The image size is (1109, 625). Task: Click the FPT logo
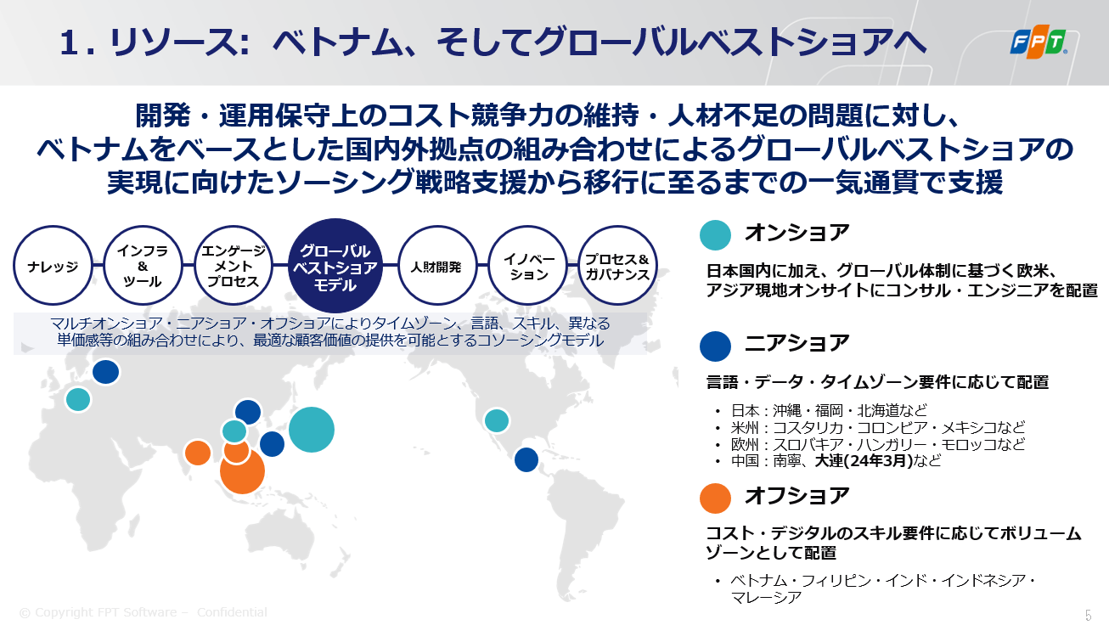[x=1039, y=42]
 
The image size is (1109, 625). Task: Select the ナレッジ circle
[x=53, y=266]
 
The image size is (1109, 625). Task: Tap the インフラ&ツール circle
[x=143, y=266]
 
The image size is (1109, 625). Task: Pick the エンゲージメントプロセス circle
[x=234, y=266]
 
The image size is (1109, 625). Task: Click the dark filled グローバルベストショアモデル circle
[x=335, y=266]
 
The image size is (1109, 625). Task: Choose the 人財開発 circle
[x=436, y=266]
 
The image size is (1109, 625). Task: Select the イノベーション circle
[x=528, y=266]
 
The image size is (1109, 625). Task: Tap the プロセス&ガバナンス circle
[x=617, y=266]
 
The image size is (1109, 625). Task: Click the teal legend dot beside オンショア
[x=715, y=234]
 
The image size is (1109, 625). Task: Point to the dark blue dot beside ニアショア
[x=715, y=346]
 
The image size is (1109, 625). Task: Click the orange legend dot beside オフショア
[x=715, y=498]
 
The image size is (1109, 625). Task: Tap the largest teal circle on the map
[x=312, y=430]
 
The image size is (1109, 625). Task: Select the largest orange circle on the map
[x=242, y=471]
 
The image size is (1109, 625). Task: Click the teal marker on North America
[x=497, y=420]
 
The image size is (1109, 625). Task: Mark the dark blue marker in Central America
[x=526, y=459]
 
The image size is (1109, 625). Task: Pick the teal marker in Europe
[x=78, y=399]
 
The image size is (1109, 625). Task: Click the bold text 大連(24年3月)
[x=864, y=460]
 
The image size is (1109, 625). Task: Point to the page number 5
[x=1089, y=615]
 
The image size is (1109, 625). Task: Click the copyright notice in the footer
[x=143, y=612]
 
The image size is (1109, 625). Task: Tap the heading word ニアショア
[x=797, y=343]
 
